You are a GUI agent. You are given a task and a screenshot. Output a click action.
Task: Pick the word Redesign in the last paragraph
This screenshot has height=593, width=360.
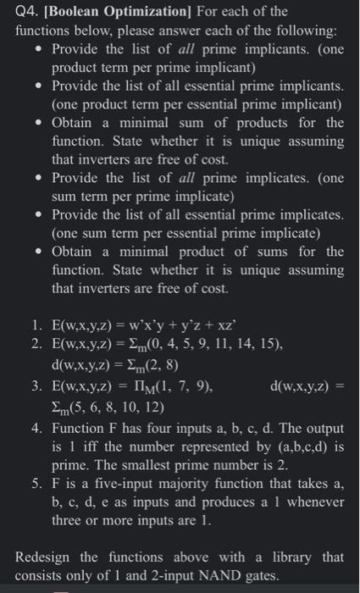click(47, 557)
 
